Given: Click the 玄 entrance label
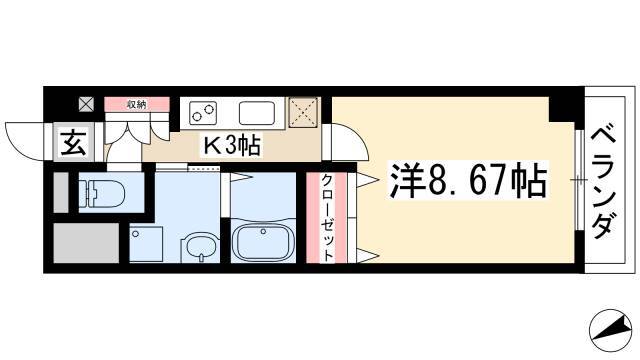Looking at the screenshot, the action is coord(74,142).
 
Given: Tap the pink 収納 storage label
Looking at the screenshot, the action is coord(137,104).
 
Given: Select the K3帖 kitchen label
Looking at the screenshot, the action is coord(231,145).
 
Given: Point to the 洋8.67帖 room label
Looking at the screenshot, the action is coord(468,180).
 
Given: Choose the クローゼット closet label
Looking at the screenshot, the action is coord(327,218).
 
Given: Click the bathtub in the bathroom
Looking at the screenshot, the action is coord(263,243).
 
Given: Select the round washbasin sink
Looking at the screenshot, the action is coord(200,247).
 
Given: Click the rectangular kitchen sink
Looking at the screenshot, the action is coord(257,113).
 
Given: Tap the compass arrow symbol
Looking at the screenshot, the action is coord(608,330).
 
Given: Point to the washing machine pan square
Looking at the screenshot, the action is coord(146,244).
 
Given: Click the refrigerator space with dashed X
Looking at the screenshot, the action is coord(303,113).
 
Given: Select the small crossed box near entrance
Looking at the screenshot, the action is coord(86,104).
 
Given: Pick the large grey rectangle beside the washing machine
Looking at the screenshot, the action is coord(86,243).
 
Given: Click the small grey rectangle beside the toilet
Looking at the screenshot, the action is coord(61,193).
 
